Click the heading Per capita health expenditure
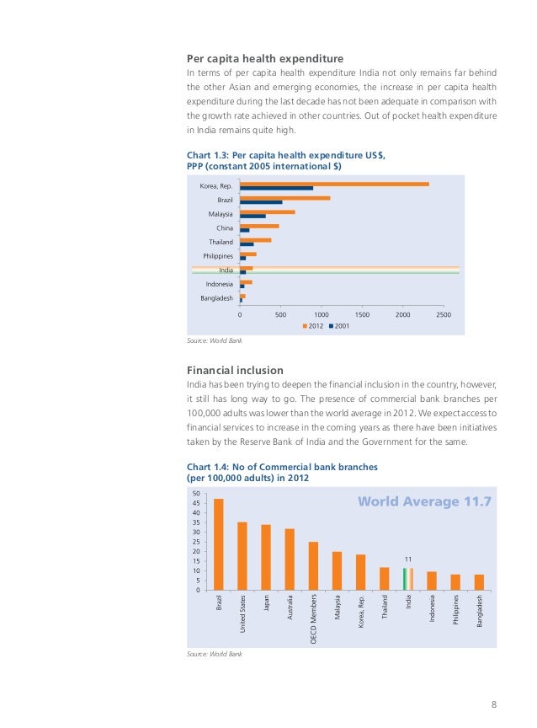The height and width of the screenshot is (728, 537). pyautogui.click(x=264, y=58)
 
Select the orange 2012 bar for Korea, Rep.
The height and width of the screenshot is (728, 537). pyautogui.click(x=334, y=184)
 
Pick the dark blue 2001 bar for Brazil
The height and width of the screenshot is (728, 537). pyautogui.click(x=261, y=202)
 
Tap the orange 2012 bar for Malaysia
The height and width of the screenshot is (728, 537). pyautogui.click(x=267, y=211)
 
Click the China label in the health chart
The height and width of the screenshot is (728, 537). pyautogui.click(x=225, y=227)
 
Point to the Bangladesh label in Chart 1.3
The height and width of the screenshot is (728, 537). pyautogui.click(x=216, y=298)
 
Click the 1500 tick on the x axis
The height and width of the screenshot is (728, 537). pyautogui.click(x=362, y=313)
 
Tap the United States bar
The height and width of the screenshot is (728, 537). pyautogui.click(x=242, y=555)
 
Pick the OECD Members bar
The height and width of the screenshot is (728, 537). pyautogui.click(x=313, y=565)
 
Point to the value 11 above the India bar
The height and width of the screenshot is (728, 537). pyautogui.click(x=408, y=559)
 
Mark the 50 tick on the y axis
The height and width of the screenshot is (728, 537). pyautogui.click(x=196, y=494)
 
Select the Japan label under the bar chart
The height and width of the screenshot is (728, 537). pyautogui.click(x=266, y=604)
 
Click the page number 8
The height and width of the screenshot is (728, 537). pyautogui.click(x=494, y=704)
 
